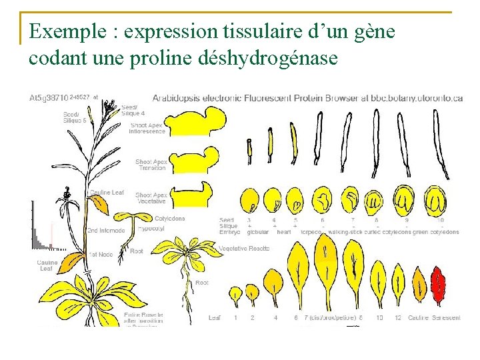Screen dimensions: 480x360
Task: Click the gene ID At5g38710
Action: click(49, 97)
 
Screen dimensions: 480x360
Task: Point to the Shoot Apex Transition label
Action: click(151, 165)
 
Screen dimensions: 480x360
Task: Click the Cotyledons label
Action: click(170, 218)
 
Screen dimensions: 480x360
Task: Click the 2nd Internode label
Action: click(105, 230)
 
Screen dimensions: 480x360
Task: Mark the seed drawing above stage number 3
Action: click(251, 199)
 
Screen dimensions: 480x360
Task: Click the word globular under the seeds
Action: click(258, 232)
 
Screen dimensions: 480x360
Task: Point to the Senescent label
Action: click(446, 318)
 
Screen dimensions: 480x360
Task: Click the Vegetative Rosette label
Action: click(244, 249)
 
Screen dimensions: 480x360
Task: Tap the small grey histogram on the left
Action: click(39, 230)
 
